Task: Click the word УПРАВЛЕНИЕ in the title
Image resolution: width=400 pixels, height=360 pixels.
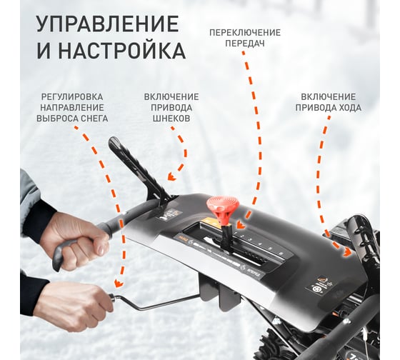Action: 107,24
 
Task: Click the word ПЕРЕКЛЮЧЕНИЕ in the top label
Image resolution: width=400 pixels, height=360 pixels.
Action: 245,33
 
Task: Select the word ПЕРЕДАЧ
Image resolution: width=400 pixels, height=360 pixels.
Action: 245,44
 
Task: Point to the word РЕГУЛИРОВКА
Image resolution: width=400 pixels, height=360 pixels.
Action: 72,97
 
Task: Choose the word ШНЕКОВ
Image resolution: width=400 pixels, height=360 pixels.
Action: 171,119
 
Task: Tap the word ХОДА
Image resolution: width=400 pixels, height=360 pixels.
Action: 349,108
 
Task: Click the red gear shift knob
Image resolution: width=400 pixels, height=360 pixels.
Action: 223,206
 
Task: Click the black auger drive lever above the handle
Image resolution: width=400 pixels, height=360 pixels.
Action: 138,169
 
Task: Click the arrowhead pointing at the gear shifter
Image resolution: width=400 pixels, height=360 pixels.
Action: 240,224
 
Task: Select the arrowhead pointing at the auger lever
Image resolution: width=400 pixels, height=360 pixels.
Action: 171,176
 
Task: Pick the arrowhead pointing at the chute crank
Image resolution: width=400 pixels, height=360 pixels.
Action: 119,283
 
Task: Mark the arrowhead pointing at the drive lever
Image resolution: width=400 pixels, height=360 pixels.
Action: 346,252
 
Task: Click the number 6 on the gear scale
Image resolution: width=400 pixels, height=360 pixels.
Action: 281,254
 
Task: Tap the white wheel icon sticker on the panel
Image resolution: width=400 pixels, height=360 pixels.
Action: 316,290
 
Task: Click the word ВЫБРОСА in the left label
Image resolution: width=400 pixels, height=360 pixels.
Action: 56,119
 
